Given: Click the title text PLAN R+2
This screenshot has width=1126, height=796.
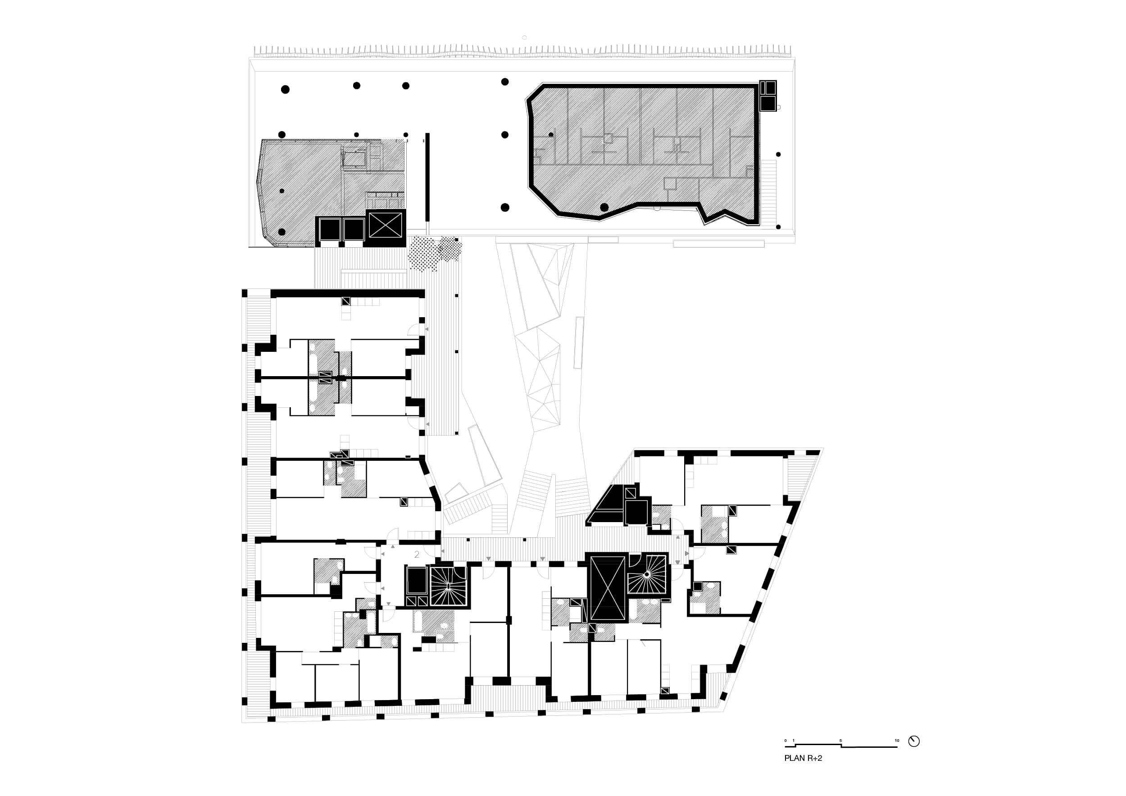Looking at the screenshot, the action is pyautogui.click(x=803, y=758).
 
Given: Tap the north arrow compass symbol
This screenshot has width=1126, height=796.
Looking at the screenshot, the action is pyautogui.click(x=914, y=741).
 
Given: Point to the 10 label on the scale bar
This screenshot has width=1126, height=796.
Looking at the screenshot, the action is pyautogui.click(x=897, y=741).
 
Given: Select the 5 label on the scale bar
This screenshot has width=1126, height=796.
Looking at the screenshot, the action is pyautogui.click(x=840, y=741).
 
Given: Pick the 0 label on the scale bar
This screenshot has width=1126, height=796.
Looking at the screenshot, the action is pyautogui.click(x=785, y=741).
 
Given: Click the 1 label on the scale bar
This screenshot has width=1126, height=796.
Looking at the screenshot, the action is pyautogui.click(x=793, y=741).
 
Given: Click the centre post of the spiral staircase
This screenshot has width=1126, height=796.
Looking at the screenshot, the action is pyautogui.click(x=647, y=574).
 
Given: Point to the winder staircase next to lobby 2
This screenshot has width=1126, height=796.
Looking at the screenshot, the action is pyautogui.click(x=447, y=586).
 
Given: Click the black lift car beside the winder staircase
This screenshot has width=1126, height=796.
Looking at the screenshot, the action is pyautogui.click(x=416, y=580).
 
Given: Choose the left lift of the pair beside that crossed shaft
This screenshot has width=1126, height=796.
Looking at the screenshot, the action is pyautogui.click(x=330, y=229).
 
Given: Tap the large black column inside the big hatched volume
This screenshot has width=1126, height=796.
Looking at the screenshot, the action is pyautogui.click(x=604, y=208).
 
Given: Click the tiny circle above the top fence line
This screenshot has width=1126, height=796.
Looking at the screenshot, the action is pyautogui.click(x=524, y=37).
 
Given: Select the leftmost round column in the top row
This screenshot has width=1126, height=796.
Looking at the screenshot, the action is pyautogui.click(x=285, y=89).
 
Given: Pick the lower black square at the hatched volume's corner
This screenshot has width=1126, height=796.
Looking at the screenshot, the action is pyautogui.click(x=767, y=103).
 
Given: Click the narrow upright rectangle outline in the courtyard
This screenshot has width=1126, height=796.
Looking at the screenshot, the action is pyautogui.click(x=579, y=342).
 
